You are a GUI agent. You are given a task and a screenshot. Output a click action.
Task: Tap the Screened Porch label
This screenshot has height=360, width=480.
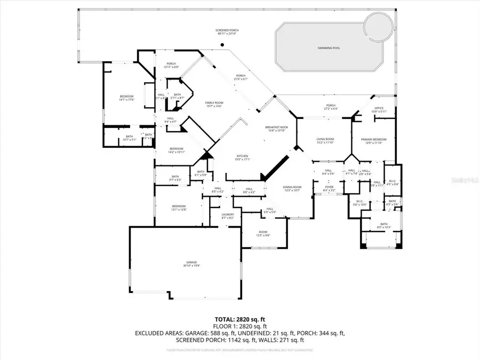(x=227, y=30)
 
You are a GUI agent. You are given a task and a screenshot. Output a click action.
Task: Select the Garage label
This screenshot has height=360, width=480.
(x=192, y=262)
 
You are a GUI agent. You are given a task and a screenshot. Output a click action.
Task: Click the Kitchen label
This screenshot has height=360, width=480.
(x=243, y=156)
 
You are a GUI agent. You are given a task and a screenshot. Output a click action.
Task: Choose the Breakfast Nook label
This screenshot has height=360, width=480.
(x=276, y=127)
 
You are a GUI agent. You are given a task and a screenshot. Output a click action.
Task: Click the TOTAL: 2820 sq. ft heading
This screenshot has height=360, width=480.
(x=239, y=319)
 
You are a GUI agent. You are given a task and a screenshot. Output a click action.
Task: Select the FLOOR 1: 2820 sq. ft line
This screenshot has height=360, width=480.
(x=239, y=326)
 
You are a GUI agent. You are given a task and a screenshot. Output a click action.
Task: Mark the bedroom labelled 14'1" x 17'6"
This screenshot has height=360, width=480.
(x=126, y=97)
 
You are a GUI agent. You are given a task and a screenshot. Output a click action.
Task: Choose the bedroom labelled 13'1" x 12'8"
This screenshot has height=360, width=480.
(x=179, y=206)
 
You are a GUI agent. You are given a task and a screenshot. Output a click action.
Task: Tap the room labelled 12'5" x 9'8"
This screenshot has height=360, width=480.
(x=263, y=233)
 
